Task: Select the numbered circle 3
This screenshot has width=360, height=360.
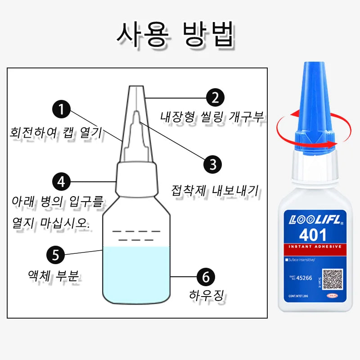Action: pyautogui.click(x=212, y=164)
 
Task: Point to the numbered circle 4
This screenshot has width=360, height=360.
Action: pyautogui.click(x=62, y=182)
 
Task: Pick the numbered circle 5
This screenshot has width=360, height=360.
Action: pyautogui.click(x=56, y=255)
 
